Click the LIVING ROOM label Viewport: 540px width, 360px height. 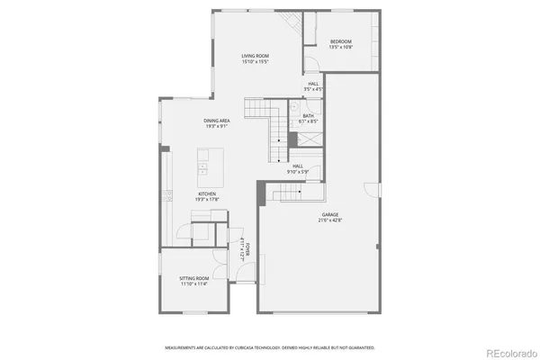tap(255, 56)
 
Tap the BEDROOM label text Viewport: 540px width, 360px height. tap(339, 41)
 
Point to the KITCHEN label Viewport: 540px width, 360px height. tap(208, 193)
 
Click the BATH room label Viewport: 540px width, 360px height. tap(309, 115)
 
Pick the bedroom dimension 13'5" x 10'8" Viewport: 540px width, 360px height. tap(339, 48)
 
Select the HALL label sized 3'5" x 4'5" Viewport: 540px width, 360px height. tap(313, 88)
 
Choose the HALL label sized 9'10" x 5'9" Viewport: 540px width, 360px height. tap(298, 168)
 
